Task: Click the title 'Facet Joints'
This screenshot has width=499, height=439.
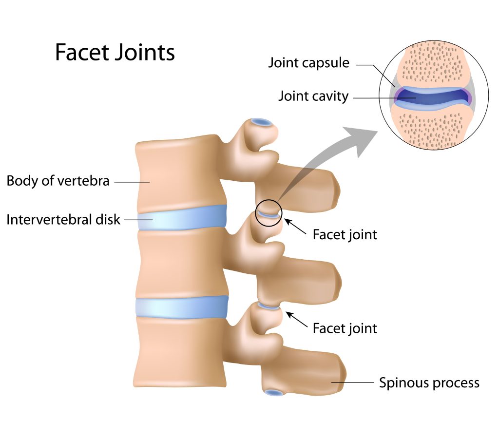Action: tap(115, 52)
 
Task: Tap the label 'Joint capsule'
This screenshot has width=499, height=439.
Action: tap(309, 63)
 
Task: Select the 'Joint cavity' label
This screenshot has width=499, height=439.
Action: tap(313, 96)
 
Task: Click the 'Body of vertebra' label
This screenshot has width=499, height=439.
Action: tap(58, 181)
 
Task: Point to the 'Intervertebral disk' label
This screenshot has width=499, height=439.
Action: tap(63, 219)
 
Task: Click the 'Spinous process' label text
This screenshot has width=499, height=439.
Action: tap(429, 382)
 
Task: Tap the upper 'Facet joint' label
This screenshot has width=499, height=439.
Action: tap(345, 235)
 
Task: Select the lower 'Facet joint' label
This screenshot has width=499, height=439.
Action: tap(345, 328)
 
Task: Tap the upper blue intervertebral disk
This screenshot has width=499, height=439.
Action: tap(182, 217)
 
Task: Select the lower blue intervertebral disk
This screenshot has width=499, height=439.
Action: tap(182, 307)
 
